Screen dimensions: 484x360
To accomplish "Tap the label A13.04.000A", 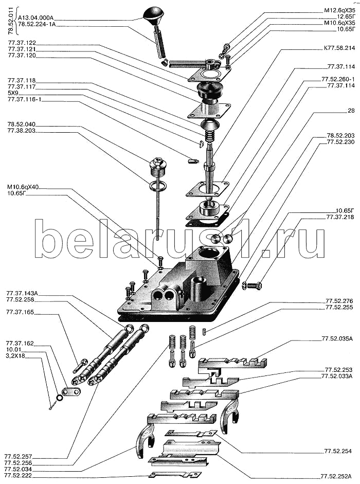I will pyautogui.click(x=39, y=16).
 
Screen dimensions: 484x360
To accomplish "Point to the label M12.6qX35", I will pyautogui.click(x=340, y=10).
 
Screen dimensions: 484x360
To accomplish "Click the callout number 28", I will pyautogui.click(x=351, y=111).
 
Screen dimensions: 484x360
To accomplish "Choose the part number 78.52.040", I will pyautogui.click(x=21, y=125).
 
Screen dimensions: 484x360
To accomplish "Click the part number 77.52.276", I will pyautogui.click(x=338, y=301).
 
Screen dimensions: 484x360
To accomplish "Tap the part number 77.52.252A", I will pyautogui.click(x=337, y=476).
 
